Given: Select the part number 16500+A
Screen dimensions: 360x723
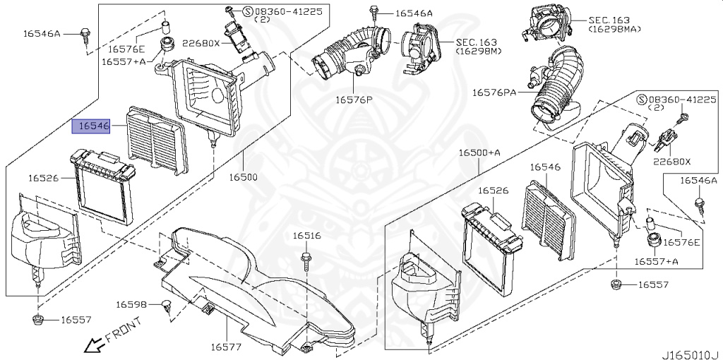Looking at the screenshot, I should [x=479, y=153].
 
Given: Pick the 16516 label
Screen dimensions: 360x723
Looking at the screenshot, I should [x=307, y=236].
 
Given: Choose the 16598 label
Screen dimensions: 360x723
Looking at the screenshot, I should [x=132, y=304].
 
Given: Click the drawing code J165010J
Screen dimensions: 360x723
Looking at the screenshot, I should [x=690, y=353].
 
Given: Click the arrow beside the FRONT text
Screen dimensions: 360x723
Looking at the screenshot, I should [x=90, y=346].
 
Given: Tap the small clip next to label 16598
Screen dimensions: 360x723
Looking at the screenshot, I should [x=166, y=305].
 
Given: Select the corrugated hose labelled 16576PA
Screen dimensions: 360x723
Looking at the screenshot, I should [x=556, y=88].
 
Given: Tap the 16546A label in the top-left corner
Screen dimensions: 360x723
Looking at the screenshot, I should [x=42, y=33].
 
